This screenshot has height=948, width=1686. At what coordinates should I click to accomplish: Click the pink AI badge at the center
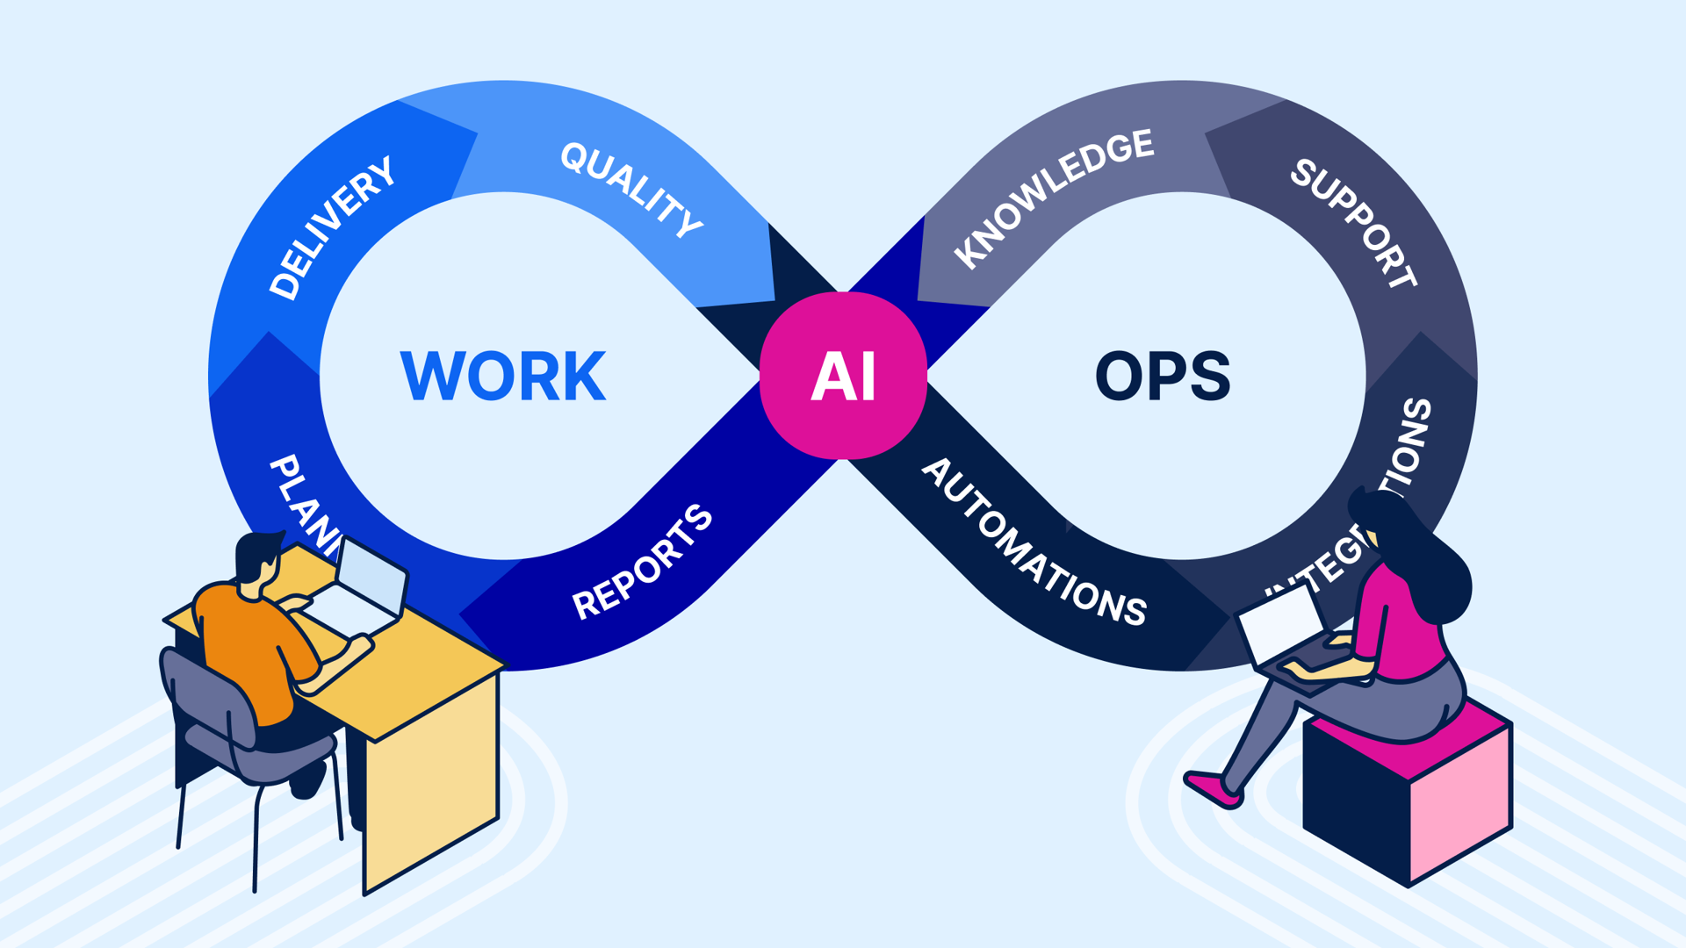pyautogui.click(x=843, y=376)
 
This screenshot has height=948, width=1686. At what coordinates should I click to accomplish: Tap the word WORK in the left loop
pyautogui.click(x=502, y=376)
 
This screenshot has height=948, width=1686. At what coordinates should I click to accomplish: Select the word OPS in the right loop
pyautogui.click(x=1163, y=376)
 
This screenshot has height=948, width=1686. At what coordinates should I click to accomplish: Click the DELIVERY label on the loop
pyautogui.click(x=332, y=228)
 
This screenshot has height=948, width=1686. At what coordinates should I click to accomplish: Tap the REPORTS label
pyautogui.click(x=642, y=562)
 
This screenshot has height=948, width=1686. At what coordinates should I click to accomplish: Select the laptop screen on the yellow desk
pyautogui.click(x=371, y=575)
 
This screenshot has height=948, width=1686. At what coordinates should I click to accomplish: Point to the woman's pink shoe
pyautogui.click(x=1213, y=789)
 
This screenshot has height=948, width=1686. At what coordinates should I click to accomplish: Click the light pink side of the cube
pyautogui.click(x=1460, y=803)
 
